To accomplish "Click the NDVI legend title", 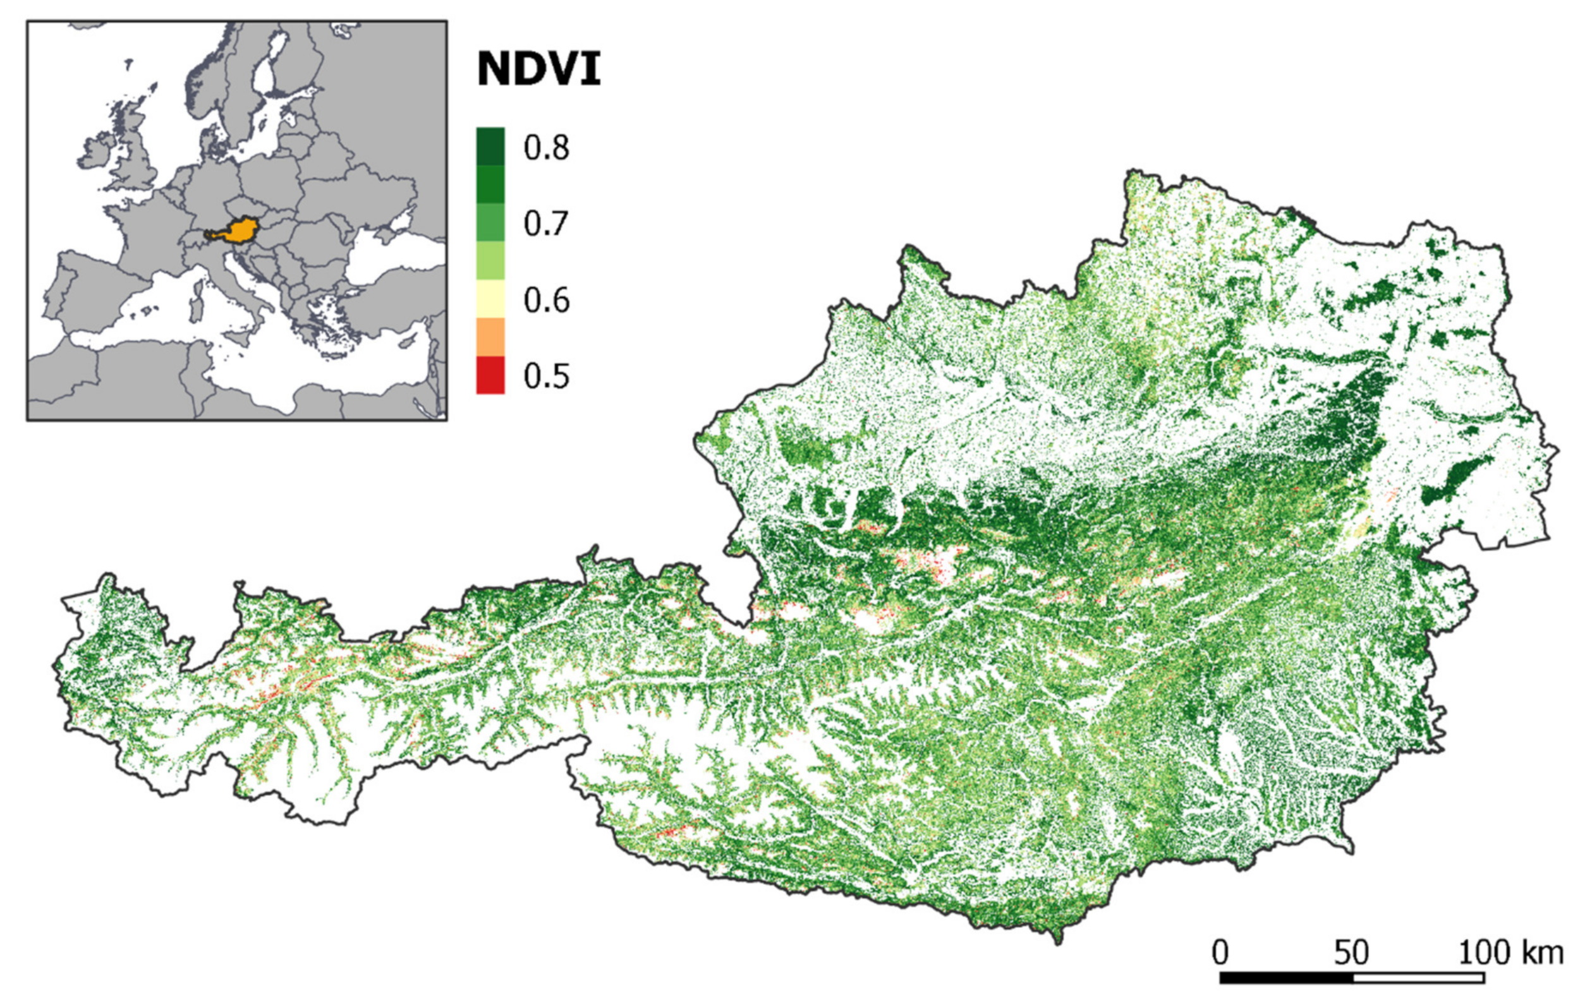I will [x=538, y=69].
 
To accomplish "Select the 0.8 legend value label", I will [x=546, y=148].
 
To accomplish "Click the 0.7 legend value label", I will [x=546, y=224].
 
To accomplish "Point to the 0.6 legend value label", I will [x=546, y=300].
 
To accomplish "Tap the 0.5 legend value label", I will [x=546, y=376].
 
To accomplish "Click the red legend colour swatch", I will [x=490, y=375].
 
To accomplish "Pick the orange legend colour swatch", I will [x=490, y=337].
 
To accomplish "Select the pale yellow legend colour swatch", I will [x=490, y=299].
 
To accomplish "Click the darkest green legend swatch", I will [x=490, y=146].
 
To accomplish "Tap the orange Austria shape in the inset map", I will [x=241, y=231].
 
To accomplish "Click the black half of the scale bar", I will [x=1286, y=978].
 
